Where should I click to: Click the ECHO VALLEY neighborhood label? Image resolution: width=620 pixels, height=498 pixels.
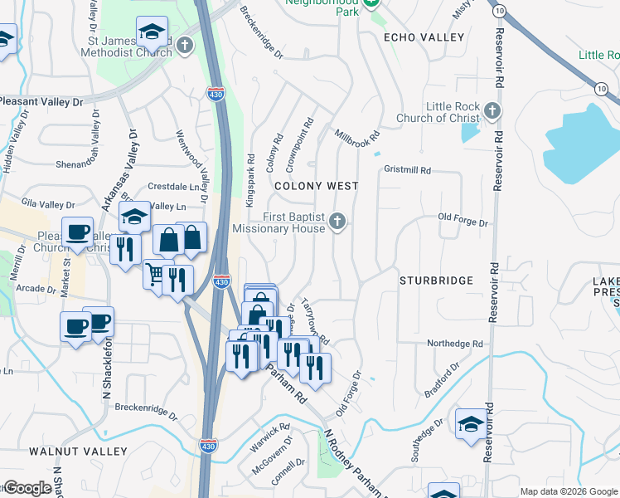(x=424, y=38)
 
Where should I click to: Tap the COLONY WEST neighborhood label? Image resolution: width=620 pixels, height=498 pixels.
(x=317, y=186)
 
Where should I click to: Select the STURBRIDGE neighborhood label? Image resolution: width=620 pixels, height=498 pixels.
(x=436, y=281)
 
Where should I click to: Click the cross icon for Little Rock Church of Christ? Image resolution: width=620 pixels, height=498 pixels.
(x=492, y=110)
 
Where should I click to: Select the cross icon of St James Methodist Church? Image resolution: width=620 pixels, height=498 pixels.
(x=184, y=45)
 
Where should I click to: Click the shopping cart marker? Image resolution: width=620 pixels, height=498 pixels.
(x=154, y=273)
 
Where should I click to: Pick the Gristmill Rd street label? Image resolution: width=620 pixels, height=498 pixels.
(x=408, y=170)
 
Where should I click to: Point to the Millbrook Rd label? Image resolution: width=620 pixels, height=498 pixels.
(x=356, y=134)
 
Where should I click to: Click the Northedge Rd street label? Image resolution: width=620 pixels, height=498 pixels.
(x=454, y=344)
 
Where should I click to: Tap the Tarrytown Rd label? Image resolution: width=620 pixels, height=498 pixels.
(x=315, y=322)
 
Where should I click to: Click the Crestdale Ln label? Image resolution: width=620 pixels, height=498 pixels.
(x=176, y=187)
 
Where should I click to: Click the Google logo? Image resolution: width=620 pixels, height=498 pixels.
(x=27, y=488)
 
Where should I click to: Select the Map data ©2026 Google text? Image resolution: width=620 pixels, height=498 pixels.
(x=568, y=491)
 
